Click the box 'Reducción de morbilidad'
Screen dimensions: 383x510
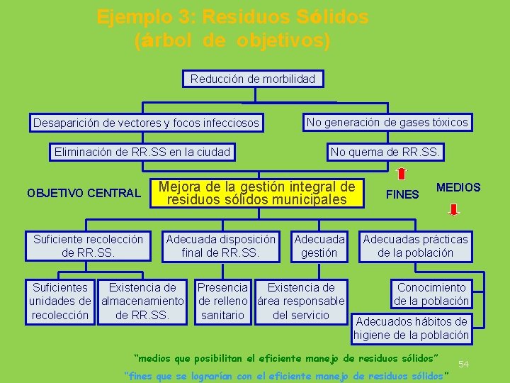click(x=253, y=79)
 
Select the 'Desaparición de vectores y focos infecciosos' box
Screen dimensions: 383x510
click(x=146, y=123)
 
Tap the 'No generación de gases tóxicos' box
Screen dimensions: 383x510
click(x=387, y=122)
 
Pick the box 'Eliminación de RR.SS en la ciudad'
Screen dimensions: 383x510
click(x=142, y=151)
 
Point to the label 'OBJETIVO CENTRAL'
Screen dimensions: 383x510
click(x=83, y=193)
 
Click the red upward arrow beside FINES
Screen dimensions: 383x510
click(x=402, y=174)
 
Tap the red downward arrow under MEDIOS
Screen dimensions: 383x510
click(x=454, y=209)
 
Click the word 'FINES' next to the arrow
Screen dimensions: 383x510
click(x=404, y=194)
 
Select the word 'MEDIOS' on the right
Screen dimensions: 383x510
click(x=458, y=187)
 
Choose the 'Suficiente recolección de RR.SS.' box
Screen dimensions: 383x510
click(x=88, y=245)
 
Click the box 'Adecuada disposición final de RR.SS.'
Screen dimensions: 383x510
click(x=221, y=245)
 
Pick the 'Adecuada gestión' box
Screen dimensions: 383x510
click(x=319, y=245)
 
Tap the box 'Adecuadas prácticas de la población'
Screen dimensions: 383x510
click(x=415, y=245)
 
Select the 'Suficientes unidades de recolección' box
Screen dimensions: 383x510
click(x=60, y=301)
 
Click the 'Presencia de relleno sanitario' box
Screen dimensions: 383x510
click(x=222, y=301)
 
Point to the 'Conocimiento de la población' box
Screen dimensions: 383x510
click(x=431, y=294)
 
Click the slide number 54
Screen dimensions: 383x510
click(x=465, y=363)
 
